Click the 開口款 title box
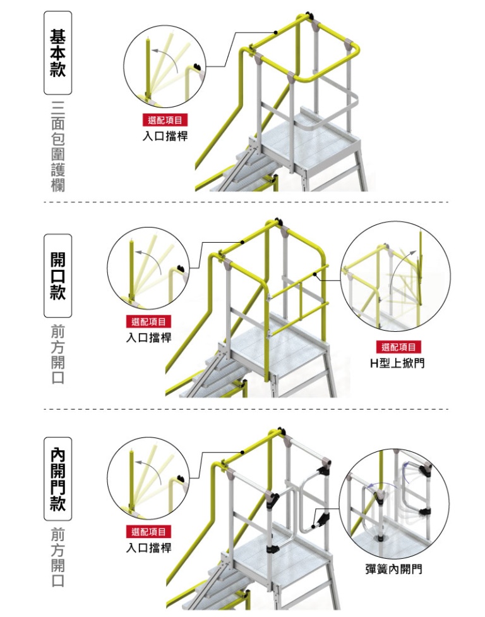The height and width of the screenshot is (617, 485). click(x=57, y=276)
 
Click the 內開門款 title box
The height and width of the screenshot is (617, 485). click(x=57, y=479)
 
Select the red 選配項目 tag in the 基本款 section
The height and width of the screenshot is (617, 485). click(x=165, y=120)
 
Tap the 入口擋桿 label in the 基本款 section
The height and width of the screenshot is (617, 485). click(x=165, y=135)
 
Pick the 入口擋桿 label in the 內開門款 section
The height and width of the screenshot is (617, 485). click(x=148, y=547)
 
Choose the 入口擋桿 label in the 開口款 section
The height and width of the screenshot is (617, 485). click(x=148, y=338)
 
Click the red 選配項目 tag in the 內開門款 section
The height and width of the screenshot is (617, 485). click(x=148, y=532)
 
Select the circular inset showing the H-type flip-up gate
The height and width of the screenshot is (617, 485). click(x=395, y=276)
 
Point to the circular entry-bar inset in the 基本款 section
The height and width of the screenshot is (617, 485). click(x=165, y=66)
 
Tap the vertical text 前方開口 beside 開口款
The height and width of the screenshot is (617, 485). click(x=57, y=355)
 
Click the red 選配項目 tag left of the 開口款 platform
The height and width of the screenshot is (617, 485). click(x=148, y=322)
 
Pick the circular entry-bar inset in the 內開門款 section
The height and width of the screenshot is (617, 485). click(x=149, y=479)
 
